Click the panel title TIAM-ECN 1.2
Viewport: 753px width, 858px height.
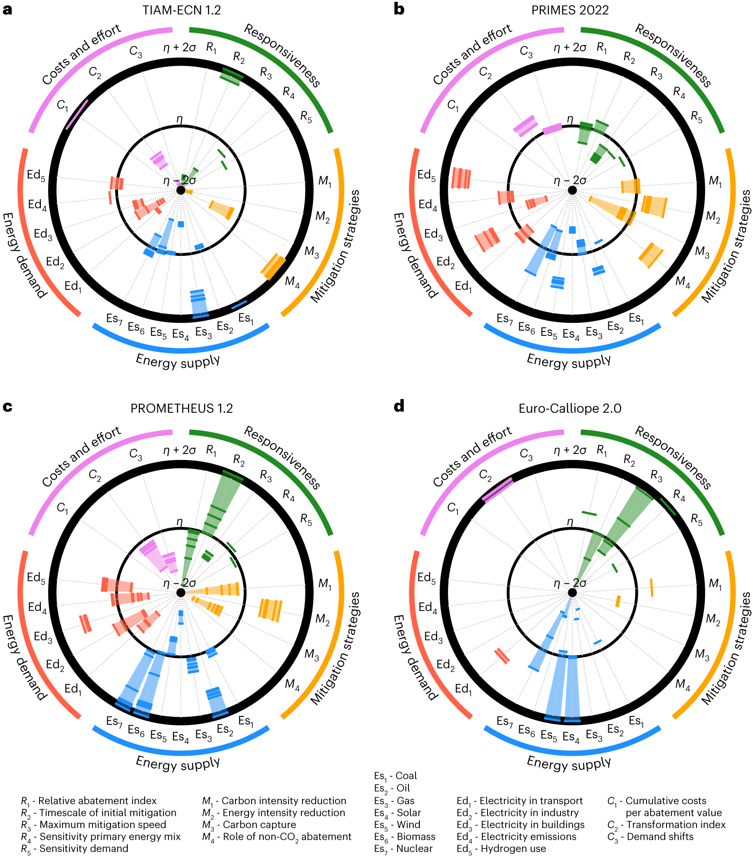click(x=182, y=10)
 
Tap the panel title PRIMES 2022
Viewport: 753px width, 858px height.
click(x=570, y=10)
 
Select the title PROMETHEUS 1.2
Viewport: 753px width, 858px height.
click(x=182, y=408)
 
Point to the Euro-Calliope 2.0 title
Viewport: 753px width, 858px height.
click(x=570, y=408)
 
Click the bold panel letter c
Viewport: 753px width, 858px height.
click(x=7, y=407)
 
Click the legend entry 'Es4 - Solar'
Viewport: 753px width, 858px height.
click(x=398, y=813)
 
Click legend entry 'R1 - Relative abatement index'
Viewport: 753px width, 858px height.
click(x=89, y=801)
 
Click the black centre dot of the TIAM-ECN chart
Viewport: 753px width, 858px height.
click(x=181, y=190)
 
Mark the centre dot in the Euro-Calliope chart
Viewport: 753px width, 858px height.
click(x=572, y=593)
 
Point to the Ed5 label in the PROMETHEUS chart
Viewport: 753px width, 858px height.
click(x=36, y=578)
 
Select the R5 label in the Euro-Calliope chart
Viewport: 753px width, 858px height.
click(x=697, y=520)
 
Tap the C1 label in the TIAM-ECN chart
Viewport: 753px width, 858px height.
click(x=63, y=106)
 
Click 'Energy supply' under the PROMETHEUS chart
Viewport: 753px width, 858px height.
click(x=178, y=763)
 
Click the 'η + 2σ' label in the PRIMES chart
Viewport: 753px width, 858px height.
click(x=570, y=47)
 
